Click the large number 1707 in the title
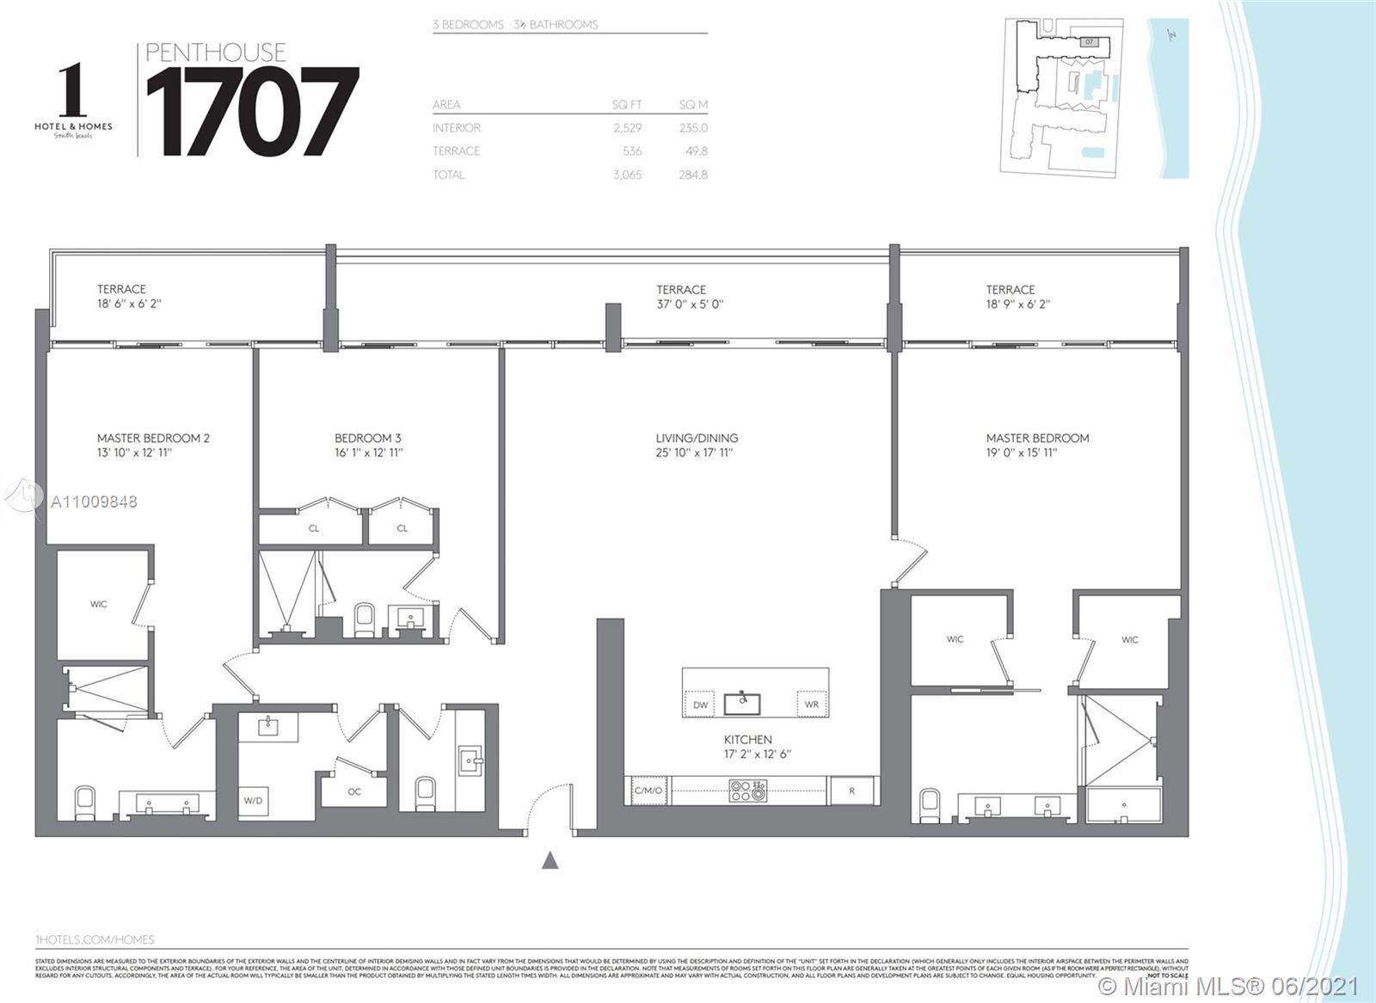251,112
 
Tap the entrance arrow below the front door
550,859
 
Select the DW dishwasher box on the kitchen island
701,705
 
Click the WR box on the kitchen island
812,705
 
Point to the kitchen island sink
741,704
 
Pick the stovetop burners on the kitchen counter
746,791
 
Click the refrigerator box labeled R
851,791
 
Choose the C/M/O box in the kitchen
648,791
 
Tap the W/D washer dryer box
253,801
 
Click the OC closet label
354,791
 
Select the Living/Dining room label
697,438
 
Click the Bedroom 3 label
368,438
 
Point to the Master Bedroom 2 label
153,438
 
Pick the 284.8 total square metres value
692,175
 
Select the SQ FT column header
627,105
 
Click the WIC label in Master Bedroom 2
99,604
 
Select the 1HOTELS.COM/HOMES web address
95,940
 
